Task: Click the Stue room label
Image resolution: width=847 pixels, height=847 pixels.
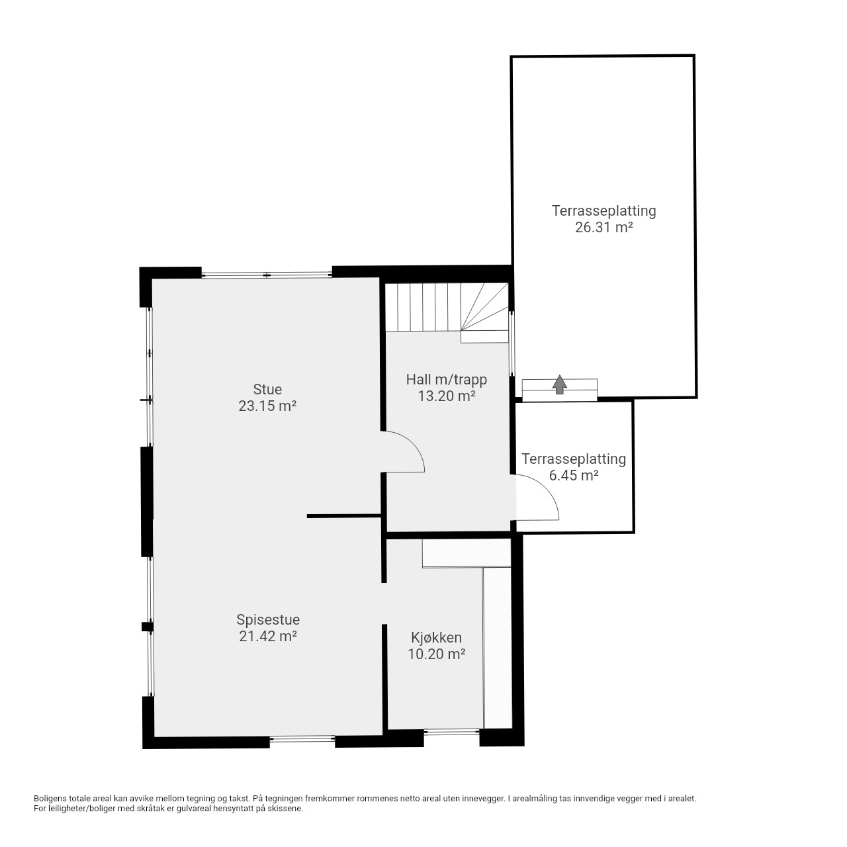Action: click(267, 390)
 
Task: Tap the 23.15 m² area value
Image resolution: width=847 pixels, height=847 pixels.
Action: click(267, 406)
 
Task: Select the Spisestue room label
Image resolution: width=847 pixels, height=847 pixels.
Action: click(268, 620)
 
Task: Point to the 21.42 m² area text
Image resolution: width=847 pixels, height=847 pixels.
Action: click(268, 636)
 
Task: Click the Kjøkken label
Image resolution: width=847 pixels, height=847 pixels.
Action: click(437, 638)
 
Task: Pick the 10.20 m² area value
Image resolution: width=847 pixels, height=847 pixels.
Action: click(437, 654)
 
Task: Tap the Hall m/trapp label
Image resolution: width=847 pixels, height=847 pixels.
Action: click(447, 379)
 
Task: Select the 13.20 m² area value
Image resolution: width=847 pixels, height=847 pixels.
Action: click(447, 396)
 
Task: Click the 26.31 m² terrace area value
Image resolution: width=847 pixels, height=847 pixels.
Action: click(604, 228)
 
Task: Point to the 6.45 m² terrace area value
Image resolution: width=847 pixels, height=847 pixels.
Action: click(574, 476)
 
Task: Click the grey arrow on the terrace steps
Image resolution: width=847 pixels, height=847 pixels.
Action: click(560, 384)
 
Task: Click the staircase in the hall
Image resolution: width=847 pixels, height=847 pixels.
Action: click(447, 313)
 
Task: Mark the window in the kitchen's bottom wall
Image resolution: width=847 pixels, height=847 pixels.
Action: click(451, 731)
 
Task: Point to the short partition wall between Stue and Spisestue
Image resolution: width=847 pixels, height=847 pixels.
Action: click(343, 516)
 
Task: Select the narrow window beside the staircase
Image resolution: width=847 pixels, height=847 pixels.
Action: click(512, 343)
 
